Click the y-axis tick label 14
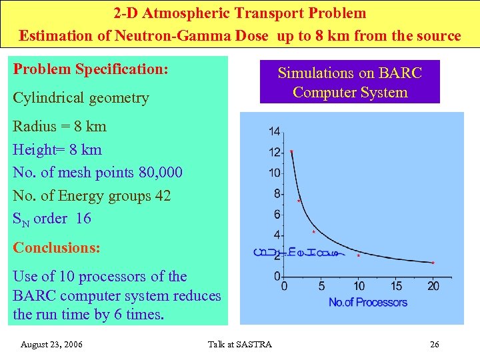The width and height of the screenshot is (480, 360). (x=275, y=131)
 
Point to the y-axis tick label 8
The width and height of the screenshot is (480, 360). (x=277, y=194)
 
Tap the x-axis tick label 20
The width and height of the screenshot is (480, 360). (x=433, y=287)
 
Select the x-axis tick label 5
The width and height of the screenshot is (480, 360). (x=322, y=287)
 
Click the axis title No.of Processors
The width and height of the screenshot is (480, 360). (x=367, y=303)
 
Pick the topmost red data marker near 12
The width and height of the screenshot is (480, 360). (x=292, y=152)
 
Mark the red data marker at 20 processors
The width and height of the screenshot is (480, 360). (x=433, y=263)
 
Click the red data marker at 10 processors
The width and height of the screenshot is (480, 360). (x=359, y=255)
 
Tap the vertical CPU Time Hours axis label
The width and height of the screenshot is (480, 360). (x=260, y=252)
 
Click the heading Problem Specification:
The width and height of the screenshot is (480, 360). (x=90, y=69)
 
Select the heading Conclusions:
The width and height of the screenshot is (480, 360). (x=57, y=247)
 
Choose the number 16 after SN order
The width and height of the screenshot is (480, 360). (x=83, y=219)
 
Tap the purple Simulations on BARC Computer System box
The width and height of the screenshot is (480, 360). (x=349, y=83)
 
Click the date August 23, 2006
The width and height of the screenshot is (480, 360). (x=51, y=345)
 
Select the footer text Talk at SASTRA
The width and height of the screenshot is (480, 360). (x=240, y=345)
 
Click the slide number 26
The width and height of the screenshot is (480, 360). (x=434, y=345)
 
